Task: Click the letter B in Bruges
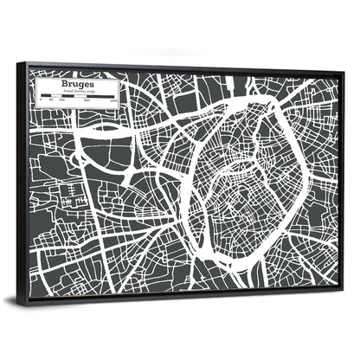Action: (61, 82)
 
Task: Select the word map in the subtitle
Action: (89, 91)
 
